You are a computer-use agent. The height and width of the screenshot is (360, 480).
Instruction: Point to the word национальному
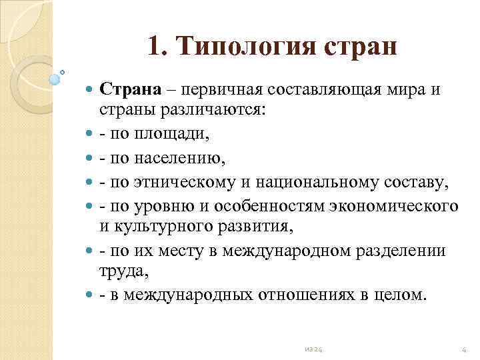315,182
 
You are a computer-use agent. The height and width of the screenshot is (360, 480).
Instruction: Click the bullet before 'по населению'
90,158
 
